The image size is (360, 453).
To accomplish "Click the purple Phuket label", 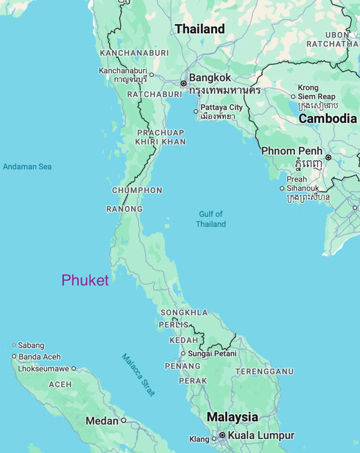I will (x=85, y=280).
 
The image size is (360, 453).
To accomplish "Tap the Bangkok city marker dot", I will (x=184, y=83).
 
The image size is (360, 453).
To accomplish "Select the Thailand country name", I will (x=199, y=29).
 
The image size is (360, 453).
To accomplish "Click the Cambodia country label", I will (x=327, y=118).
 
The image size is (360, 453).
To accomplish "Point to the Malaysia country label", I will (x=232, y=417).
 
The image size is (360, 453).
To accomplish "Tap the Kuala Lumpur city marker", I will (x=222, y=435).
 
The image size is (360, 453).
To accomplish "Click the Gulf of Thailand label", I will (x=211, y=219).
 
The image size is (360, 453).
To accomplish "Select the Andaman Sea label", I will (x=27, y=167).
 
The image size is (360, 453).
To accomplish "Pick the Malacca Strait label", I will (x=138, y=374).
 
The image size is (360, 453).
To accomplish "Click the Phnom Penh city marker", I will (x=329, y=157).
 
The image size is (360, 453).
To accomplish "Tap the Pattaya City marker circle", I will (x=196, y=111).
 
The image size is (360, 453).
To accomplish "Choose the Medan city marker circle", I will (x=124, y=420).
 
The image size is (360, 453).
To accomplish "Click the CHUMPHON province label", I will (x=137, y=190).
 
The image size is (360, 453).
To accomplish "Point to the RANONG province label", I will (x=124, y=209).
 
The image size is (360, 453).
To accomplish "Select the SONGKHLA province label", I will (x=184, y=312).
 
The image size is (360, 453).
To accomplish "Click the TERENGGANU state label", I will (x=264, y=371).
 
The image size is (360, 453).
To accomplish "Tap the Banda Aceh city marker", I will (x=14, y=356).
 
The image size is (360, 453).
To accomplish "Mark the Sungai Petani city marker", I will (x=183, y=353).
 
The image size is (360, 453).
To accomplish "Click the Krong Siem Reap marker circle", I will (x=293, y=97).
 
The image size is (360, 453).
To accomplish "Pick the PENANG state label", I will (x=182, y=366).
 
